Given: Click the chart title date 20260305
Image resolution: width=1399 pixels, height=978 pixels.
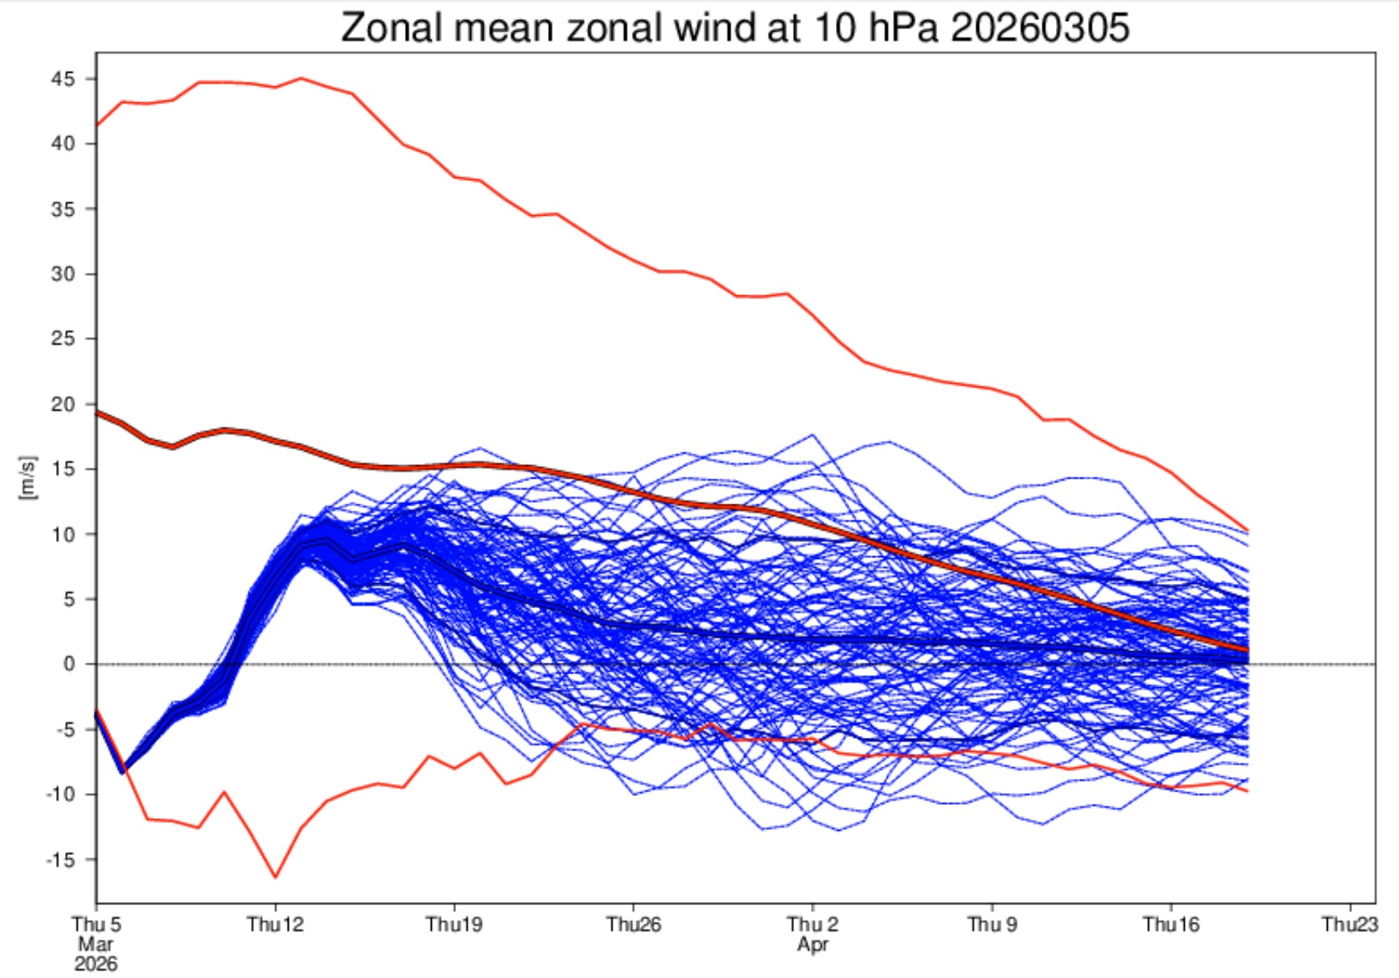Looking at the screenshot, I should coord(1040,28).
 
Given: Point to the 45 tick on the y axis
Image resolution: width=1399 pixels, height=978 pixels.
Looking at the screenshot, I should coord(63,79).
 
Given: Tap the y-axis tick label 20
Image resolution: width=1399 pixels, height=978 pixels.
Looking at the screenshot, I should coord(63,404).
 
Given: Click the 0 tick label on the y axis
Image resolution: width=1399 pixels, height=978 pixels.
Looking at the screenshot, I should coord(69,664).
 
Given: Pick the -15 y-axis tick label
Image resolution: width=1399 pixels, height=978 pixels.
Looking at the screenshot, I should coord(59,859).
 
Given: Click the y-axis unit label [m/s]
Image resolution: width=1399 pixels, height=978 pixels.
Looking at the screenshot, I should coord(28,479).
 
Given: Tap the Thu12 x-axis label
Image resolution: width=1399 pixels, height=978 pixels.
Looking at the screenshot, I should coord(275,924).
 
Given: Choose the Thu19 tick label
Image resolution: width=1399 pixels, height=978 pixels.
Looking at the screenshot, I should coord(454,924).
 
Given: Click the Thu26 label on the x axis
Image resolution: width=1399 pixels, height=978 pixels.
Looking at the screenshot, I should coord(633,924).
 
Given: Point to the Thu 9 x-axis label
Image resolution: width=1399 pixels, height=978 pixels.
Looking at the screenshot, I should coord(992,924).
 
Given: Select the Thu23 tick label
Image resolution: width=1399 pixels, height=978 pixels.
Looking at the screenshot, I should coord(1350,924).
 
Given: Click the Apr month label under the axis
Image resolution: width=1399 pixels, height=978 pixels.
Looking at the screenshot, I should coord(812,945).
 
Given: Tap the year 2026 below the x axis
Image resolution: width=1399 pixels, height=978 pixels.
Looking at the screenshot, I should coord(96,965).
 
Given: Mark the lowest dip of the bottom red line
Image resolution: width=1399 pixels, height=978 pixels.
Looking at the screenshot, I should coord(275,877).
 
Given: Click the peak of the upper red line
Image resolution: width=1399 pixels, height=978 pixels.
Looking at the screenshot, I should coord(301,79).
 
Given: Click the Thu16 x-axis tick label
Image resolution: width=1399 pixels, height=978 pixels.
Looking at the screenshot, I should coord(1171,924).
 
